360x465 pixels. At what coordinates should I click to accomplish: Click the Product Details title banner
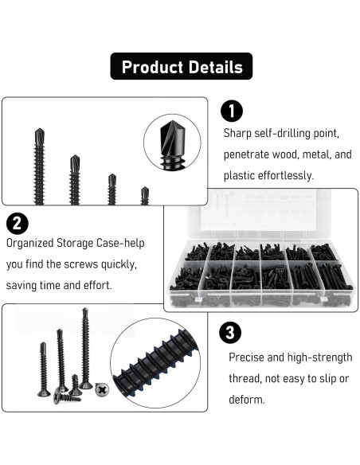[181, 67]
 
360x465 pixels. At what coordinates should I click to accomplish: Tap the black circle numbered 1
[230, 111]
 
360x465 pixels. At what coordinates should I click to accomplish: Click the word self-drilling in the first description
[280, 133]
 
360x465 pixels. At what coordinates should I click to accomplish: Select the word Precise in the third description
[248, 358]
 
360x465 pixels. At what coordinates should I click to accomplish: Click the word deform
[247, 400]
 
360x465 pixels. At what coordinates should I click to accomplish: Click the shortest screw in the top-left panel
[144, 195]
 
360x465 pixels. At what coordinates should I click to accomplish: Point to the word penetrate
[248, 154]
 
